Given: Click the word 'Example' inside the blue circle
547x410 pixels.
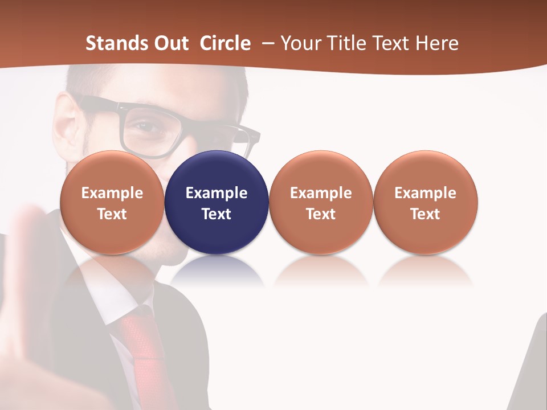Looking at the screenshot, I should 217,193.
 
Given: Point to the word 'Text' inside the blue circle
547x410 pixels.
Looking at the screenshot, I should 217,214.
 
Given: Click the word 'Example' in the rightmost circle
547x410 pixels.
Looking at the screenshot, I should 425,193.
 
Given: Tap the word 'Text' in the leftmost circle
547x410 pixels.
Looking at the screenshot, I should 112,214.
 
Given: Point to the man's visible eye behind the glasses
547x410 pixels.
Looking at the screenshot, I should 149,128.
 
